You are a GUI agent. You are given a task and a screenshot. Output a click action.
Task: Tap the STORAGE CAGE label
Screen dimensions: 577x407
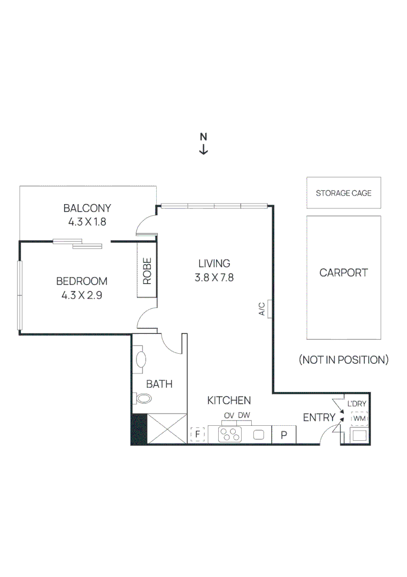pyautogui.click(x=344, y=193)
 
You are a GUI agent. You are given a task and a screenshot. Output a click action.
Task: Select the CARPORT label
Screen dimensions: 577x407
pyautogui.click(x=344, y=272)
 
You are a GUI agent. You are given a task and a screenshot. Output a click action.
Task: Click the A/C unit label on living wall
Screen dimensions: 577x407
pyautogui.click(x=262, y=309)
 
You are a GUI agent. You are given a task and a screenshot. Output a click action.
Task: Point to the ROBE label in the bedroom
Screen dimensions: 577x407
pyautogui.click(x=147, y=271)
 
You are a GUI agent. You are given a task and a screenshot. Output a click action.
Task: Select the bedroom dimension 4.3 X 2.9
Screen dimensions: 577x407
pyautogui.click(x=82, y=294)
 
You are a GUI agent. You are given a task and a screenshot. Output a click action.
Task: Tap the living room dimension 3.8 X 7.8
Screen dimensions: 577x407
pyautogui.click(x=214, y=277)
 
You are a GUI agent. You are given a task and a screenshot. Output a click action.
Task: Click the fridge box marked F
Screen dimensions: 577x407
pyautogui.click(x=198, y=434)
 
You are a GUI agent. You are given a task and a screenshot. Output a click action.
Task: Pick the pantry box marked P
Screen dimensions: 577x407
pyautogui.click(x=284, y=435)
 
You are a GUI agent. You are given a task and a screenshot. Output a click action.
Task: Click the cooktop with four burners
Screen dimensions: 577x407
pyautogui.click(x=231, y=435)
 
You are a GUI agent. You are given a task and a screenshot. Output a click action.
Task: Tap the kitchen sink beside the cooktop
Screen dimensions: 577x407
pyautogui.click(x=259, y=435)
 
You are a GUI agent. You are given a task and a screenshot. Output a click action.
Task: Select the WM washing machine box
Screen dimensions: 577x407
pyautogui.click(x=359, y=418)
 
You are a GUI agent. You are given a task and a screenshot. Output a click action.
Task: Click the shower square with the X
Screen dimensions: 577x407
pyautogui.click(x=166, y=429)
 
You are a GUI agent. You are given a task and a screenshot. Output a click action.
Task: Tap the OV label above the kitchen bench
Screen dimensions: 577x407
pyautogui.click(x=229, y=416)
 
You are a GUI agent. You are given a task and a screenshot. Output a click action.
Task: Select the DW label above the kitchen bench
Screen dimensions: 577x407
pyautogui.click(x=244, y=416)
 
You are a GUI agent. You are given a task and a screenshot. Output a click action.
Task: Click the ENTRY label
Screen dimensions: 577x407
pyautogui.click(x=319, y=418)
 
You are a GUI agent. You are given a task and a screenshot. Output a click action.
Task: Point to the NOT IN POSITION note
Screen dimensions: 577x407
pyautogui.click(x=344, y=360)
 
